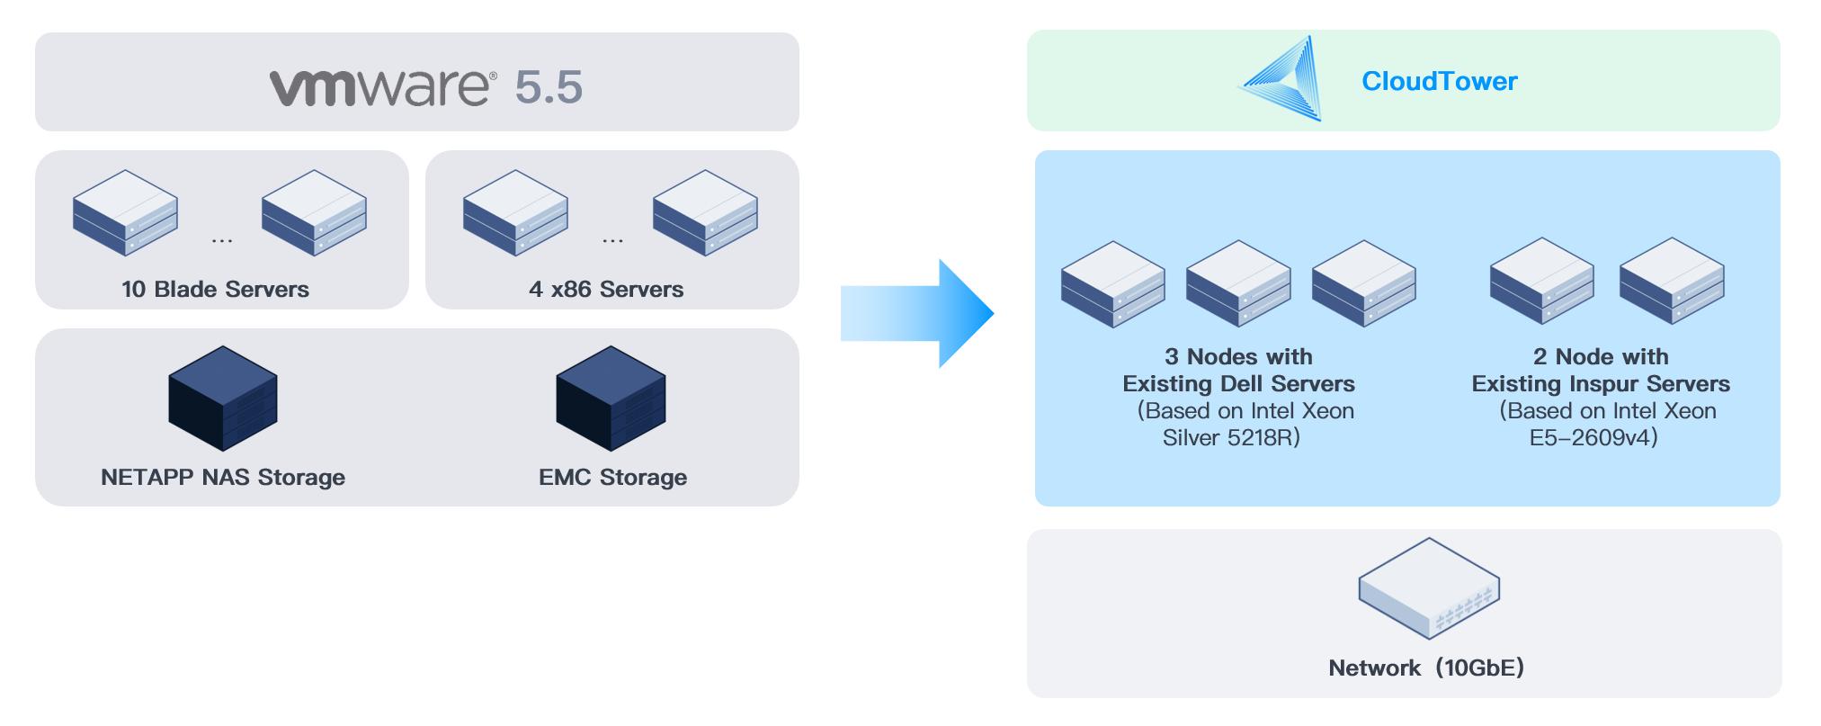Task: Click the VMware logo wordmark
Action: point(383,87)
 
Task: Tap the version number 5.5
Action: point(549,87)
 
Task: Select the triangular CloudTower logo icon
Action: point(1281,78)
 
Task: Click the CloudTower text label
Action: point(1439,81)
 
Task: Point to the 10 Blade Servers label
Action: point(215,289)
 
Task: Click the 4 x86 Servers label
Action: point(606,289)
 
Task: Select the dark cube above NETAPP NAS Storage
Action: point(223,398)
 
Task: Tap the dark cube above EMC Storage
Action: point(611,398)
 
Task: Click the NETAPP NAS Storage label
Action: point(223,477)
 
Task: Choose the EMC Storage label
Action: point(612,477)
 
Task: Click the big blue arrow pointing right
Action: point(917,313)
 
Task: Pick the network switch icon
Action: point(1429,589)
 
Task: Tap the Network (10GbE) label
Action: point(1426,668)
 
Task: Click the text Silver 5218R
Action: point(1231,438)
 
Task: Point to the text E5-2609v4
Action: point(1593,438)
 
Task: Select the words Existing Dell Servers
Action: point(1238,384)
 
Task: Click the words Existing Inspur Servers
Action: point(1601,384)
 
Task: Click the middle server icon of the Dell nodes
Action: point(1238,283)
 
